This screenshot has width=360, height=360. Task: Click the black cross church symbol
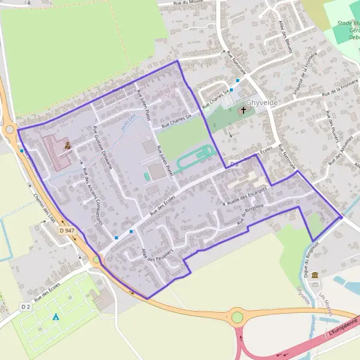click(244, 110)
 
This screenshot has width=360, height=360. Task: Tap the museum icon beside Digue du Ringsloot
click(314, 274)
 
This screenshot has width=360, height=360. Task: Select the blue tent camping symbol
click(56, 316)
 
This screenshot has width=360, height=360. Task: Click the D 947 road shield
click(67, 230)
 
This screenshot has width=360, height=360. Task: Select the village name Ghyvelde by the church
click(262, 103)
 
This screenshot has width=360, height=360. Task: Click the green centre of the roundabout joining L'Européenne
click(238, 316)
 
